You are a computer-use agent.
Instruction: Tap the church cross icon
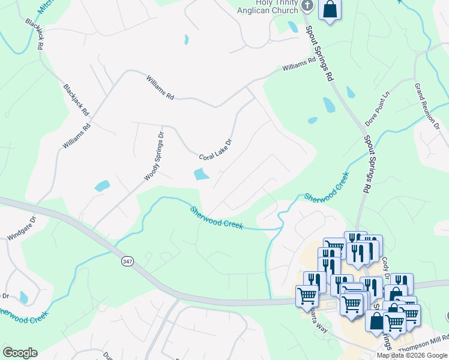click(307, 6)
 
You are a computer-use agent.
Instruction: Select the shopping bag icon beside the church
click(330, 10)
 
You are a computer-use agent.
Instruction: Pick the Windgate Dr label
click(22, 229)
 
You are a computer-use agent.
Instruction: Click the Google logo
click(20, 353)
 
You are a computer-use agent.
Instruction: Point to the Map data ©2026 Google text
click(412, 355)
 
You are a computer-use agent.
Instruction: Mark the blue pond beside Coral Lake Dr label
click(201, 175)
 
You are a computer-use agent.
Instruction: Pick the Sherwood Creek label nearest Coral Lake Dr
click(216, 218)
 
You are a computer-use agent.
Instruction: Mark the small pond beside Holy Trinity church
click(293, 26)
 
